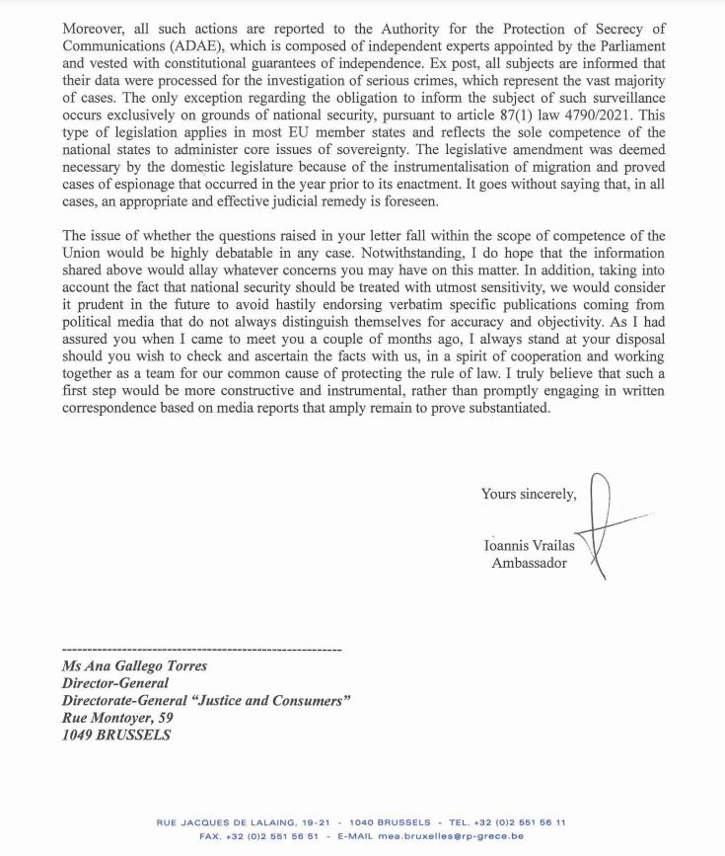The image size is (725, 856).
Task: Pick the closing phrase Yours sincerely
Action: coord(529,494)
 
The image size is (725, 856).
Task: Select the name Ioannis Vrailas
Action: coord(530,545)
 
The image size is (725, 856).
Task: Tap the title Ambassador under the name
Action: coord(530,563)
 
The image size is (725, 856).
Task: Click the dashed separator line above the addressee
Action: coord(201,650)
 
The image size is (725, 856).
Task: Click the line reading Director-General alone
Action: coord(114,683)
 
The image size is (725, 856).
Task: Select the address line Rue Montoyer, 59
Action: coord(117,718)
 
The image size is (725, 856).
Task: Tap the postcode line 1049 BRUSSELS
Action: coord(115,736)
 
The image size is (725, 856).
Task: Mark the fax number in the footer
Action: coord(263,836)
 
